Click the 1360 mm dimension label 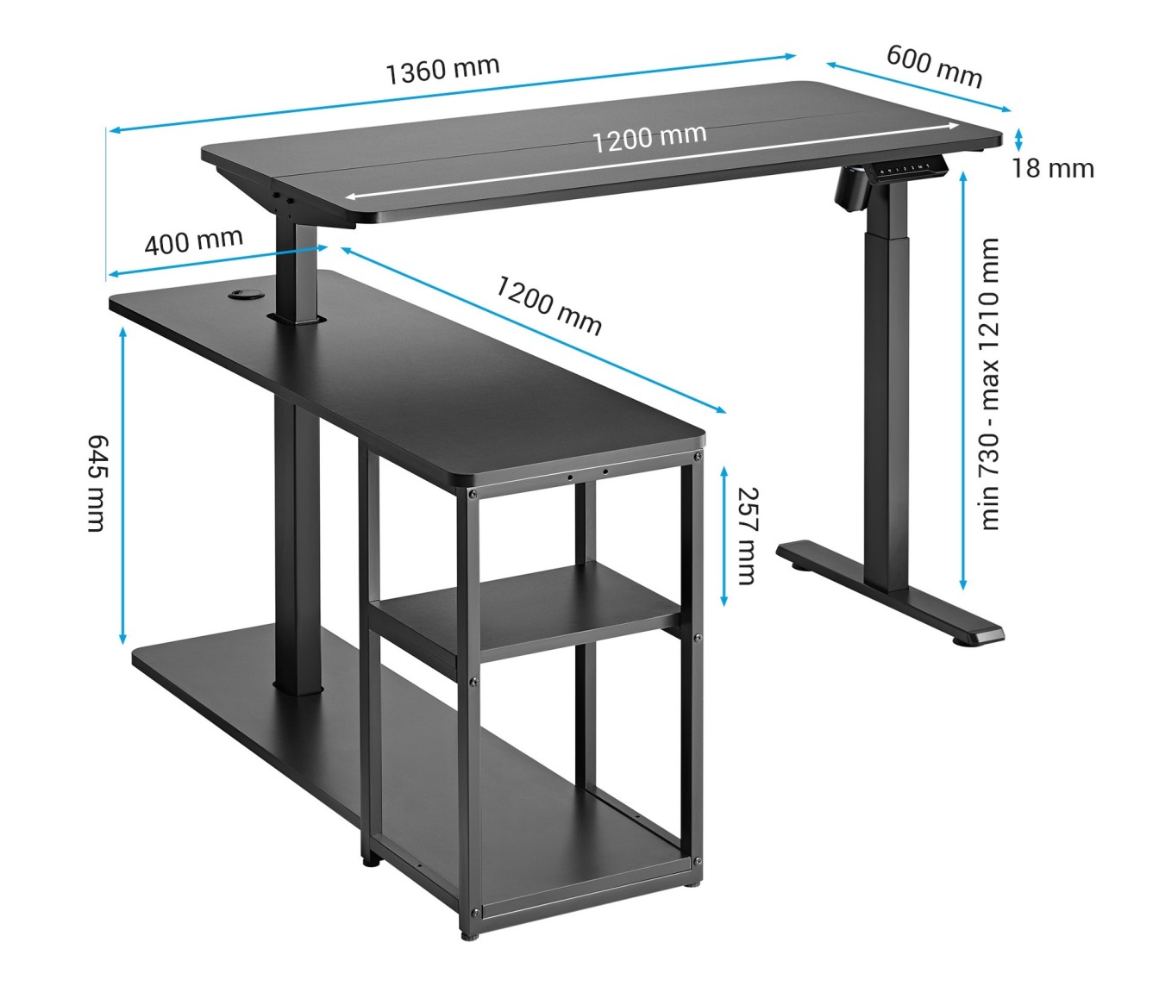coord(443,71)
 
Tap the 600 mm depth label coord(935,67)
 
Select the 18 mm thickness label coord(1053,169)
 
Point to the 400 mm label coord(194,241)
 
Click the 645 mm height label coord(97,484)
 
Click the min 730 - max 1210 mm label coord(990,384)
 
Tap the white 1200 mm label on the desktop coord(649,139)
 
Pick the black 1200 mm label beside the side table coord(548,306)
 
